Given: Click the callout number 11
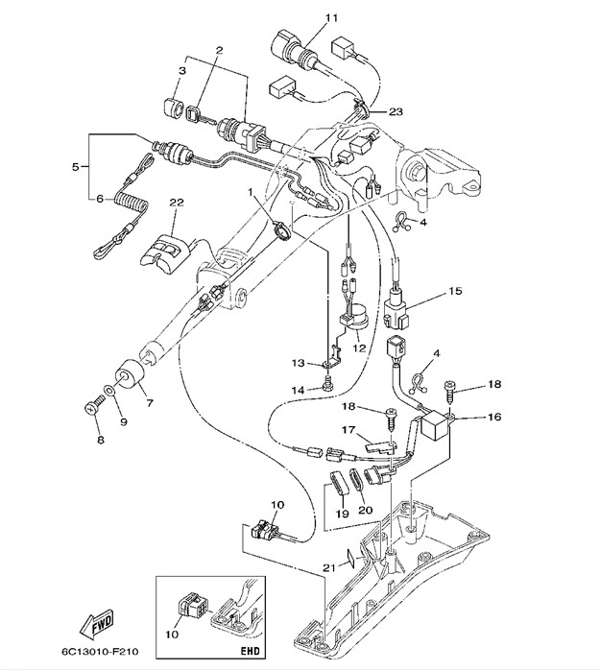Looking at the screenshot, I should pos(304,18).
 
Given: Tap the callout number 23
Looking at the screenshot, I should pos(396,111).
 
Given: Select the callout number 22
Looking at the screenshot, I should pos(176,203).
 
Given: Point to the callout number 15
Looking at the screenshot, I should pos(455,290).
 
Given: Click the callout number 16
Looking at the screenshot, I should pos(495,418).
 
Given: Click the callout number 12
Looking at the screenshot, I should pos(359,347).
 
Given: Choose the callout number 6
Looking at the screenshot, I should pos(99,199).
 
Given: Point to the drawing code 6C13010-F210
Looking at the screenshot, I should pos(96,654).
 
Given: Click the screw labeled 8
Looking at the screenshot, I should pos(92,408).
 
